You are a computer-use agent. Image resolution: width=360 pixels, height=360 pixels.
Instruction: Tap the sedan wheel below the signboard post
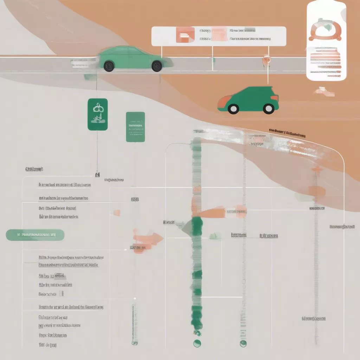coord(157,66)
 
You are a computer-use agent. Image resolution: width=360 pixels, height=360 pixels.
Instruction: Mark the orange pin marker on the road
coord(266,61)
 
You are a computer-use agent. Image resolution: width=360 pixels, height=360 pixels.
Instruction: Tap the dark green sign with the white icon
coord(97,115)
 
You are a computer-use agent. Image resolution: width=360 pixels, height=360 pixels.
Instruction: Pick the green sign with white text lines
coord(135,127)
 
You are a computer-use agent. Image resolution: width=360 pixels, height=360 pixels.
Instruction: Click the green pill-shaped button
coord(35,235)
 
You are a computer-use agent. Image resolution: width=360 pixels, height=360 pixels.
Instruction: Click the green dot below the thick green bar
coord(197,343)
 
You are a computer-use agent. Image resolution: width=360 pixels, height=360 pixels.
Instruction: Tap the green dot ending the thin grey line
coord(243,343)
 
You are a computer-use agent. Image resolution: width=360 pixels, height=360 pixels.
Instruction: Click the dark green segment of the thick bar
coord(197,229)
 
